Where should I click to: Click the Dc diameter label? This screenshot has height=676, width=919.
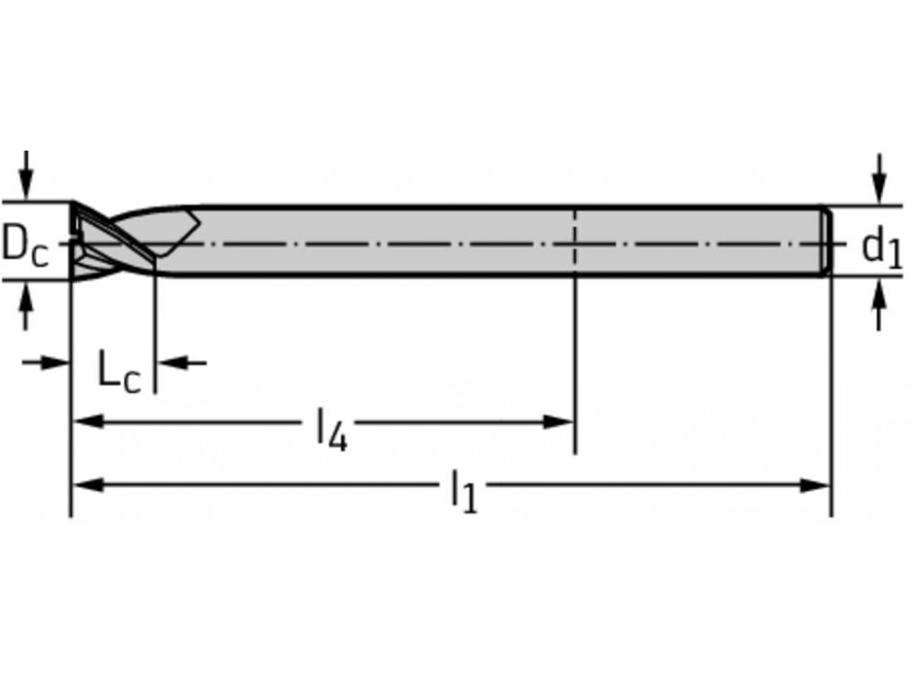(25, 245)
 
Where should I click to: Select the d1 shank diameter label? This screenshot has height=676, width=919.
(880, 246)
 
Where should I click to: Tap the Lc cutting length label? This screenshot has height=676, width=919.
(119, 372)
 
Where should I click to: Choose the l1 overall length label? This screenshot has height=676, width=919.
(464, 492)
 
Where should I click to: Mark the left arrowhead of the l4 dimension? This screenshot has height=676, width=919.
(87, 422)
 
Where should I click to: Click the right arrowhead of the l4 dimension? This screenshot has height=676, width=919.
(560, 422)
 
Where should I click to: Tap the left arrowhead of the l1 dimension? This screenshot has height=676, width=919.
(87, 485)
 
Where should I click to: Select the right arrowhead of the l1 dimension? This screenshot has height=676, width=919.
(816, 485)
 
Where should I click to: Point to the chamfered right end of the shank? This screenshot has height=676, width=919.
(827, 241)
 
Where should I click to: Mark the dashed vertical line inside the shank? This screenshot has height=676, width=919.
(574, 241)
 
